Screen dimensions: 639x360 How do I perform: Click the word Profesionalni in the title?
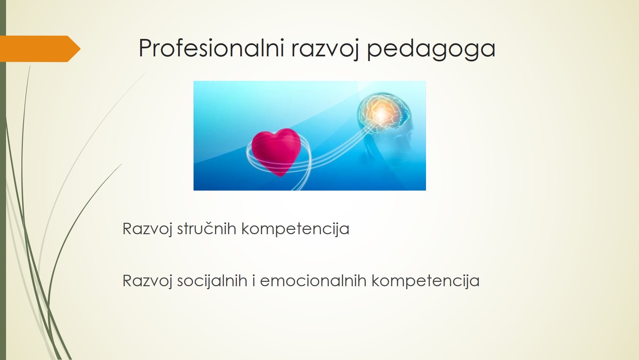(x=212, y=48)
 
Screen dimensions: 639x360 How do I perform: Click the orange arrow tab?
(x=40, y=49)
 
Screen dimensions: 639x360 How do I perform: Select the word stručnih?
(x=207, y=229)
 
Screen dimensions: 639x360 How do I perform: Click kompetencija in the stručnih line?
(x=295, y=229)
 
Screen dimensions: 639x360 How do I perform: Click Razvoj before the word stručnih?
(x=148, y=229)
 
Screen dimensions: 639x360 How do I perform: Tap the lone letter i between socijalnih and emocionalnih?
(x=254, y=280)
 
